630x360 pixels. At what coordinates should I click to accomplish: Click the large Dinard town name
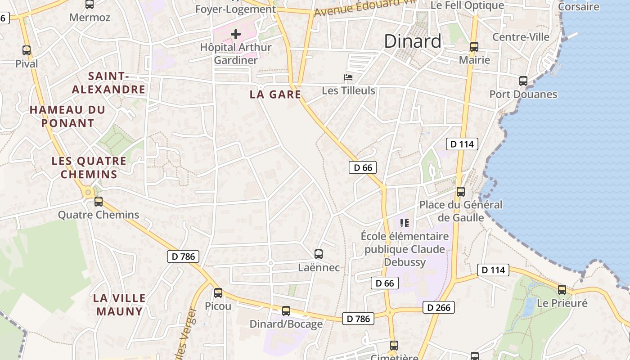[413, 41]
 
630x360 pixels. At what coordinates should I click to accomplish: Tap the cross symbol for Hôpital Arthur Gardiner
[236, 34]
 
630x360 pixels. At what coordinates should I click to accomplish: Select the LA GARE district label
[275, 94]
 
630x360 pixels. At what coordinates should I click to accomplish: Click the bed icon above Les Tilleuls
[348, 77]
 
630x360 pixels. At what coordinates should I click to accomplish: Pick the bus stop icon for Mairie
[474, 47]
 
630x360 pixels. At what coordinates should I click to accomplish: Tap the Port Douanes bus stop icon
[523, 81]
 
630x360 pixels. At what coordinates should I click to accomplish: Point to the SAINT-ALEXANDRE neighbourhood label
[109, 83]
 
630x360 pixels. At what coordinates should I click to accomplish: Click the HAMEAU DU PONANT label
[67, 116]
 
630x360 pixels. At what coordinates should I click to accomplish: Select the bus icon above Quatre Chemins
[99, 202]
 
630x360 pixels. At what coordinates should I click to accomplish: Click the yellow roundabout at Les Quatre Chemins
[88, 193]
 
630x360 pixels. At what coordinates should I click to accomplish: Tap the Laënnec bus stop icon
[319, 254]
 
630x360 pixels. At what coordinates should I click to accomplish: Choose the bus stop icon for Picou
[218, 293]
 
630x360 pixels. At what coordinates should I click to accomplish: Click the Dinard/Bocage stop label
[286, 324]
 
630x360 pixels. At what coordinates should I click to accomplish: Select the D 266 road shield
[439, 308]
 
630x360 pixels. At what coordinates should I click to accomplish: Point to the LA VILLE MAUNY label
[119, 305]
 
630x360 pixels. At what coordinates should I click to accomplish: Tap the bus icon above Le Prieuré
[562, 290]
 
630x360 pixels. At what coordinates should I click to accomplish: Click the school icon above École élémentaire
[405, 223]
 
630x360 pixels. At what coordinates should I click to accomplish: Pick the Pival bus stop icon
[27, 50]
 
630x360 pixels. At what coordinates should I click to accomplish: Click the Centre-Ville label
[521, 37]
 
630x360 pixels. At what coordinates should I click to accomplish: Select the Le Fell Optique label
[467, 5]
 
